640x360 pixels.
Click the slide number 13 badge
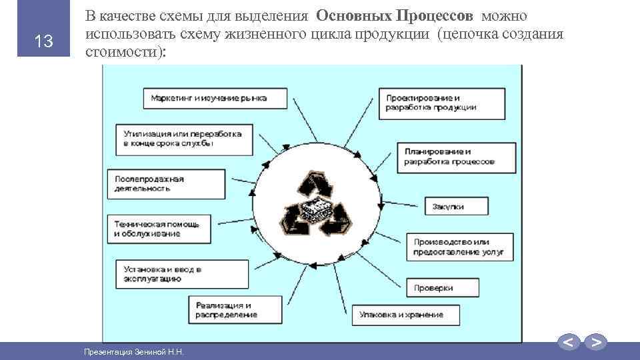click(44, 42)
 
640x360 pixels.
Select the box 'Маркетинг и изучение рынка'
click(215, 98)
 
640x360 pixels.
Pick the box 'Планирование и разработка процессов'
click(457, 157)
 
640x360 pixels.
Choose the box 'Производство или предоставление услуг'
click(460, 247)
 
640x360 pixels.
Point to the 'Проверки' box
click(442, 287)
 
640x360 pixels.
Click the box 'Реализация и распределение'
click(233, 309)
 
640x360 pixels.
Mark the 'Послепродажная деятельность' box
click(155, 183)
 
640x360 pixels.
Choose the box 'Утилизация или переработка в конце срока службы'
click(183, 139)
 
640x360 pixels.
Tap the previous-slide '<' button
click(569, 343)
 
